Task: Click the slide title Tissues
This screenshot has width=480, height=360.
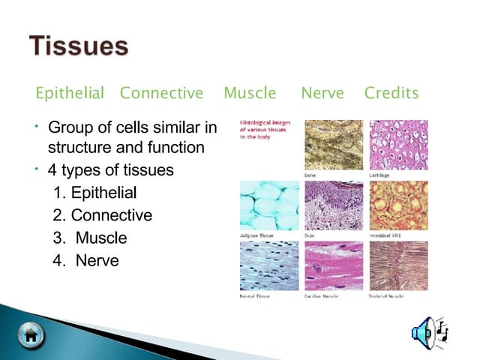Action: click(x=79, y=46)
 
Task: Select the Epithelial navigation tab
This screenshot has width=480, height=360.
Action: click(x=70, y=94)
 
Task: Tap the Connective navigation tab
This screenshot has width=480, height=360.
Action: click(x=161, y=94)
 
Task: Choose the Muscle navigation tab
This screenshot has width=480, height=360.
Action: click(x=250, y=94)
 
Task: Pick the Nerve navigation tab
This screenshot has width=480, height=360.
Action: click(x=322, y=94)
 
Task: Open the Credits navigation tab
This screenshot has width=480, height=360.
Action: click(x=391, y=94)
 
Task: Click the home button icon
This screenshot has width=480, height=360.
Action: click(x=30, y=334)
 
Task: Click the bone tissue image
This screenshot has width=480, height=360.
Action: click(x=333, y=145)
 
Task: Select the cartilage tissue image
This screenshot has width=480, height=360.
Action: click(x=398, y=145)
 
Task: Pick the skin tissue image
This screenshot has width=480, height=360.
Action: click(x=333, y=205)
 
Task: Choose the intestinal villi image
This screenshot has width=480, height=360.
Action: click(x=398, y=205)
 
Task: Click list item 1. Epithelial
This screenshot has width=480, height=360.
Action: click(x=94, y=193)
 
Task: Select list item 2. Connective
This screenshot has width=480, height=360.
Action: click(x=102, y=215)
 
